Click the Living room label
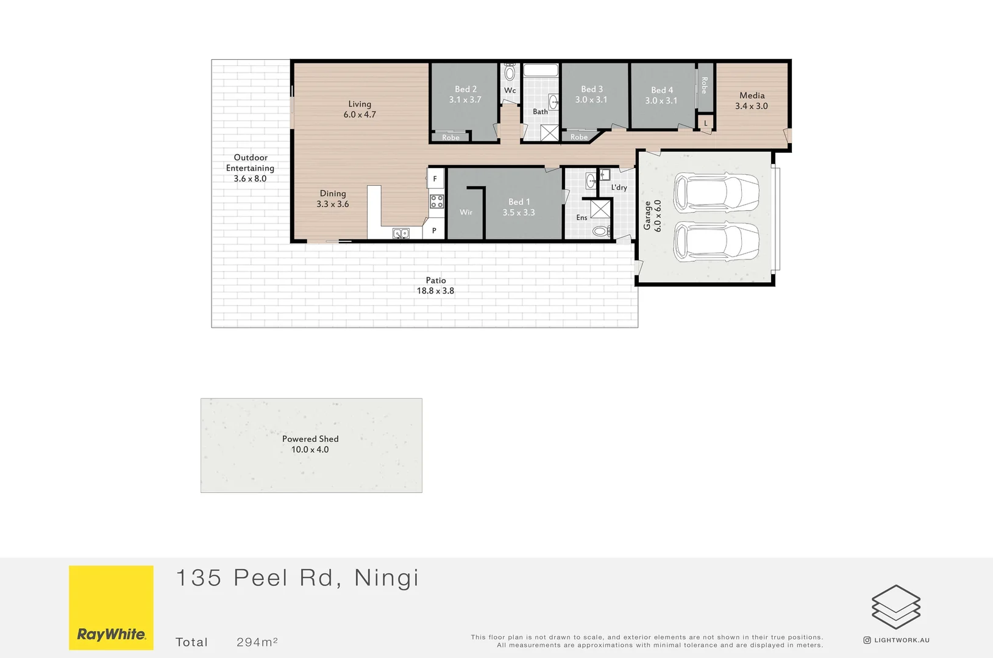pyautogui.click(x=360, y=104)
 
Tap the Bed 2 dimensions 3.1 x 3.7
pyautogui.click(x=465, y=100)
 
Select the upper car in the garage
pyautogui.click(x=716, y=191)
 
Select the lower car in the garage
pyautogui.click(x=716, y=242)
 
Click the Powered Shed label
pyautogui.click(x=310, y=439)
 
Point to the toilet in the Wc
pyautogui.click(x=510, y=73)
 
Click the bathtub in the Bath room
pyautogui.click(x=541, y=70)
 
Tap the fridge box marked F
pyautogui.click(x=435, y=179)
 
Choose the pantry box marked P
pyautogui.click(x=434, y=231)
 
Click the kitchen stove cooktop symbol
pyautogui.click(x=436, y=202)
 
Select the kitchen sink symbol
pyautogui.click(x=400, y=233)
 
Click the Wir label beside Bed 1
pyautogui.click(x=466, y=212)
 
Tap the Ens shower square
pyautogui.click(x=600, y=210)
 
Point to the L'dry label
pyautogui.click(x=619, y=188)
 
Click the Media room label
pyautogui.click(x=752, y=96)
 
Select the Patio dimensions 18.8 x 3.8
pyautogui.click(x=435, y=291)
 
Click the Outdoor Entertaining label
pyautogui.click(x=250, y=163)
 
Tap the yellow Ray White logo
pyautogui.click(x=111, y=607)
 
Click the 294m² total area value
pyautogui.click(x=257, y=642)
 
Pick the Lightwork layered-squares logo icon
pyautogui.click(x=895, y=607)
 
